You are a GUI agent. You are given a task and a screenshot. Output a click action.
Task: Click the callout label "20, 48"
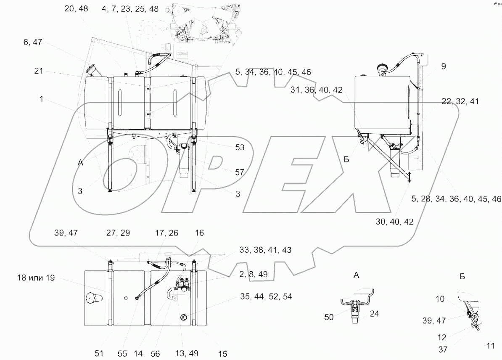tap(76, 9)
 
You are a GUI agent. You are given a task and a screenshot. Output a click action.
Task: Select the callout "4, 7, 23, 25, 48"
tap(130, 9)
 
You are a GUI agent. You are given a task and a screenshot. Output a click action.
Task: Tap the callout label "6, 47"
tap(33, 42)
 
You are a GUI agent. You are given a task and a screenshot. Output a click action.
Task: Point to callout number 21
tap(39, 71)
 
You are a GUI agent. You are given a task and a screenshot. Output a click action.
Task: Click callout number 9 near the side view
tap(444, 66)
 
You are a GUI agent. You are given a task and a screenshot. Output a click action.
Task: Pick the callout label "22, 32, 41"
tap(460, 101)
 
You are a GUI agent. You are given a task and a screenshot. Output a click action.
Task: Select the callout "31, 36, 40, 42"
tap(317, 90)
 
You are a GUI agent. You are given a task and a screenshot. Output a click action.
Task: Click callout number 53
tap(240, 147)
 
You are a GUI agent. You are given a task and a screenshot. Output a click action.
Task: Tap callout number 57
tap(240, 172)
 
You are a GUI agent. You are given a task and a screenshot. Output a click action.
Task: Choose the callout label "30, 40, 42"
tap(394, 221)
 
